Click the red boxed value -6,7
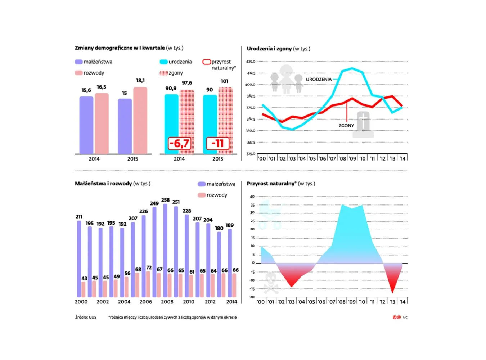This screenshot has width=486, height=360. [179, 144]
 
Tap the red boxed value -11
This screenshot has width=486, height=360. [217, 144]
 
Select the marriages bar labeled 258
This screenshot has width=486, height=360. [165, 250]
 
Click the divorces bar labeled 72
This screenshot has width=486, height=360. [148, 284]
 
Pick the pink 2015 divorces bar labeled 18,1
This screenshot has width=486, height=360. [140, 121]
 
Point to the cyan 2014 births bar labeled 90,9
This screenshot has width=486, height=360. [171, 124]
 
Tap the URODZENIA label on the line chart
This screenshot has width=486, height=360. [319, 79]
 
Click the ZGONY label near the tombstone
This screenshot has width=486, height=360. [346, 126]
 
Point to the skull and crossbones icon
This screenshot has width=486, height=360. [271, 283]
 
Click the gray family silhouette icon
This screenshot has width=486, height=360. [286, 80]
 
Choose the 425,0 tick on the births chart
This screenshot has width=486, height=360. [251, 62]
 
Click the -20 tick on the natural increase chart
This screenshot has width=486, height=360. [252, 297]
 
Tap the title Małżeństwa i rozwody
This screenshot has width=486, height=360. [103, 184]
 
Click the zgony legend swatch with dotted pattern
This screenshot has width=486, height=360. [163, 73]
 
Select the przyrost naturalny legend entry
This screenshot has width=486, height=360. [219, 64]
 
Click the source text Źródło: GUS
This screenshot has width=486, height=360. [86, 318]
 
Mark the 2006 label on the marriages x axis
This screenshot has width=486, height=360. [145, 302]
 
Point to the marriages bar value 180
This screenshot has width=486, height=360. [219, 228]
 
